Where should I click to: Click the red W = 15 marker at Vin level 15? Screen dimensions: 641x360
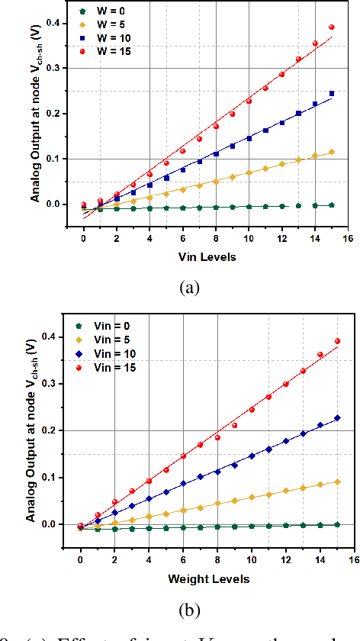coord(332,27)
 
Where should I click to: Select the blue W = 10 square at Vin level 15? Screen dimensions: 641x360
coord(332,94)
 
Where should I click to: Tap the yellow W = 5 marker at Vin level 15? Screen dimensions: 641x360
coord(332,152)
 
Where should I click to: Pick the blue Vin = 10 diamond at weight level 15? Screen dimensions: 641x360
coord(336,418)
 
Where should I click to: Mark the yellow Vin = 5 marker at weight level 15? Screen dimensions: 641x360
coord(336,482)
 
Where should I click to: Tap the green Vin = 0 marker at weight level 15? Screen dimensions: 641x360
coord(336,524)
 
